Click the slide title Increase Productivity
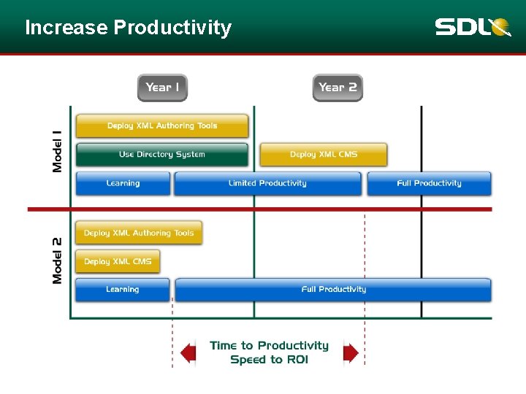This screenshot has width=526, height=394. coord(128,28)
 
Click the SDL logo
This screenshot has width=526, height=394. coord(473,28)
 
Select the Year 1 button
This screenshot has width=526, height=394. coord(162,88)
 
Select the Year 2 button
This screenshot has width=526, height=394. coord(338,88)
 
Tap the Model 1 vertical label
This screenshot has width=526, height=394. coord(58,151)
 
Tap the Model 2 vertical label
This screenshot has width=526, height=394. coord(58,260)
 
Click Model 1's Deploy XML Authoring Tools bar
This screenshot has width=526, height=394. coord(162,126)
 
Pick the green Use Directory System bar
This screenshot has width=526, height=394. coord(162,155)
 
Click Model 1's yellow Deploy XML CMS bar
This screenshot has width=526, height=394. coord(324,155)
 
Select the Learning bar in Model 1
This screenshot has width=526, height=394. coord(123,183)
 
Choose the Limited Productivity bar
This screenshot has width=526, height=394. coord(267,183)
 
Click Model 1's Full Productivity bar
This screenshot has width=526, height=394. coord(429,183)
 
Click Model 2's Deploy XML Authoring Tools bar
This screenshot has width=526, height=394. coord(139,233)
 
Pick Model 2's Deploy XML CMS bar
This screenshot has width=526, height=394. coord(118,261)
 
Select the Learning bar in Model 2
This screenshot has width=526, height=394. coord(123,290)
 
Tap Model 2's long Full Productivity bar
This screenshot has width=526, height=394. coord(333,290)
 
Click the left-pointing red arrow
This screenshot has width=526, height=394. coord(188,353)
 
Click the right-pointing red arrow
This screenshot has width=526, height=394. coord(351,353)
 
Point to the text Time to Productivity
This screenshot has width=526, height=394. coord(269,346)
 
